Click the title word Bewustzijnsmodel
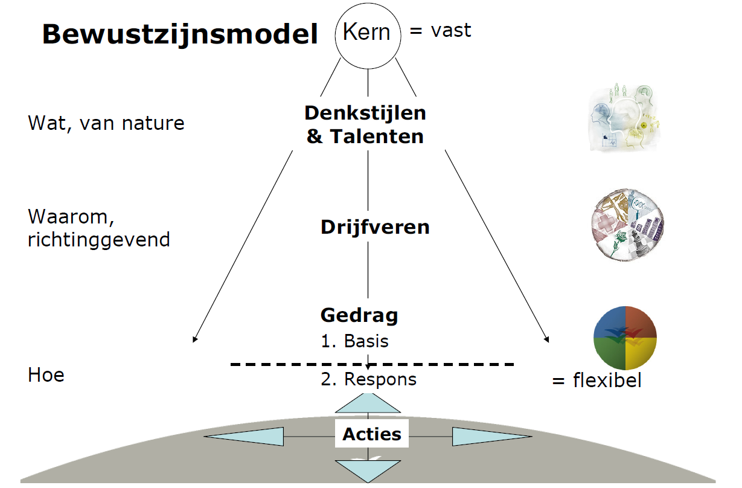click(x=179, y=35)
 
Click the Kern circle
click(x=368, y=33)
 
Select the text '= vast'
click(x=440, y=30)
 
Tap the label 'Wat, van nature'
click(x=106, y=124)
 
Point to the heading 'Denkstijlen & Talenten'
click(x=365, y=124)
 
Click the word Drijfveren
click(x=375, y=227)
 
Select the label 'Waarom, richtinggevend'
click(x=99, y=228)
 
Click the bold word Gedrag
click(x=359, y=315)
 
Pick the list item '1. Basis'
click(x=354, y=341)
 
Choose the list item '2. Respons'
click(x=368, y=379)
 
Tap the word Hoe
click(x=46, y=375)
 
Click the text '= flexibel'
click(x=596, y=380)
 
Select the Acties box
click(x=372, y=434)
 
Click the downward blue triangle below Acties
click(x=368, y=469)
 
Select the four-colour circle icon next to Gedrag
click(x=625, y=339)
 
